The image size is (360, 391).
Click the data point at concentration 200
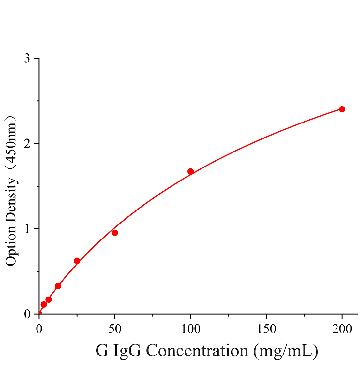click(342, 109)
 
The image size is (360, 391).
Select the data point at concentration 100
click(190, 171)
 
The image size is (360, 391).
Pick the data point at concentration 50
click(115, 233)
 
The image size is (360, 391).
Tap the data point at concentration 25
click(77, 261)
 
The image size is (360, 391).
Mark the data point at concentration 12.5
click(58, 286)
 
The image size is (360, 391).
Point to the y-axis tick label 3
click(27, 58)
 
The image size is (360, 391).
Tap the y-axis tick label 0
click(27, 314)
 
